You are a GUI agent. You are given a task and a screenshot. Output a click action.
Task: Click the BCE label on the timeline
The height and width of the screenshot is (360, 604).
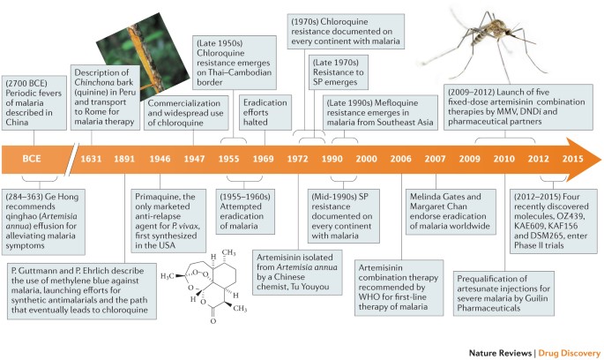40,160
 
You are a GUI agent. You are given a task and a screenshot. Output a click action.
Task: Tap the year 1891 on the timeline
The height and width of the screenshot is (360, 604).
124,160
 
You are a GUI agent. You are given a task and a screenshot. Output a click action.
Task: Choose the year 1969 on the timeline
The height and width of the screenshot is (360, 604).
262,160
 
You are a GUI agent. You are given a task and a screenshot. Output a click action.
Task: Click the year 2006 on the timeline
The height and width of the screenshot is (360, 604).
400,160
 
